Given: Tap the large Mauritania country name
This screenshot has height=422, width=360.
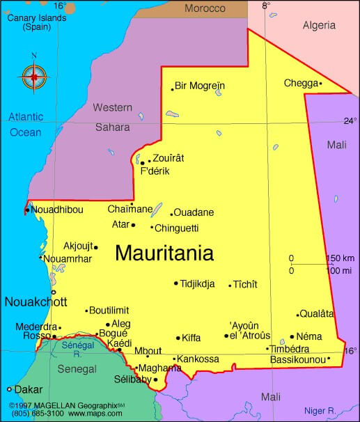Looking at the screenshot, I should point(164,253).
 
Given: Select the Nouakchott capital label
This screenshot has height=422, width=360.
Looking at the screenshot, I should point(36,302).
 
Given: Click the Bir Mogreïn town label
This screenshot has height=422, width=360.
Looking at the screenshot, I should point(200,86).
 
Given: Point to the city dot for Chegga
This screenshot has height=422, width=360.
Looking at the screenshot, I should point(320,84).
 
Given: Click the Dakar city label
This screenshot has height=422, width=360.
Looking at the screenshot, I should point(29,389).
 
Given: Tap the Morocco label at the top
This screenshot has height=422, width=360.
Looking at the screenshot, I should point(205,8).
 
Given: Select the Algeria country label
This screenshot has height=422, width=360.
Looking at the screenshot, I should point(319,26).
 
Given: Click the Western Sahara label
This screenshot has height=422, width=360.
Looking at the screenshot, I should point(112,117).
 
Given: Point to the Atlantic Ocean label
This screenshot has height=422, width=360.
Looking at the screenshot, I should point(25,124).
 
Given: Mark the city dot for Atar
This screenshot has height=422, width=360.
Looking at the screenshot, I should point(133,225).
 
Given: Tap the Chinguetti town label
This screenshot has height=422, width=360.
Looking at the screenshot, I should point(177,228).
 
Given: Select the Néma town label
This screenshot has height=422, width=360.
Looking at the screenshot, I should point(311,336).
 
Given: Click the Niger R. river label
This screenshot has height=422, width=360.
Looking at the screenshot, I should point(322,410).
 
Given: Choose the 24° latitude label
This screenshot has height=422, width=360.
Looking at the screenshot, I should point(350,120).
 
